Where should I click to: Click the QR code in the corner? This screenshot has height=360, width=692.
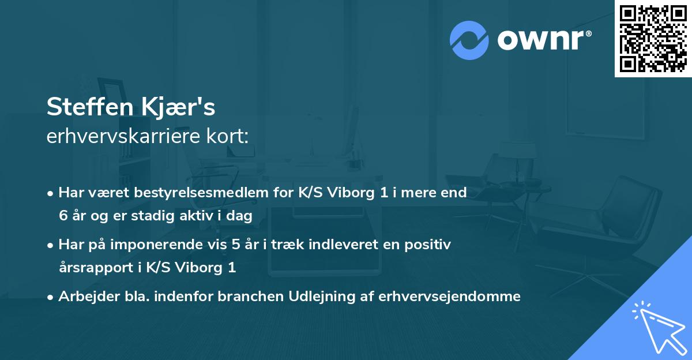click(x=653, y=39)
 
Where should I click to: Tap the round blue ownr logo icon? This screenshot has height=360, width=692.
click(x=469, y=40)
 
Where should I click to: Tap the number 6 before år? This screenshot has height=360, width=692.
click(x=62, y=215)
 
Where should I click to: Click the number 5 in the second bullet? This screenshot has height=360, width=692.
click(x=235, y=245)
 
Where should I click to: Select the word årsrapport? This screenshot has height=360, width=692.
click(x=94, y=267)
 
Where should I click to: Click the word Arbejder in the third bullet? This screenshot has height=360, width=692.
click(x=84, y=297)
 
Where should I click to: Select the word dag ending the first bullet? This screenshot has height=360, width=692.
click(x=240, y=215)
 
